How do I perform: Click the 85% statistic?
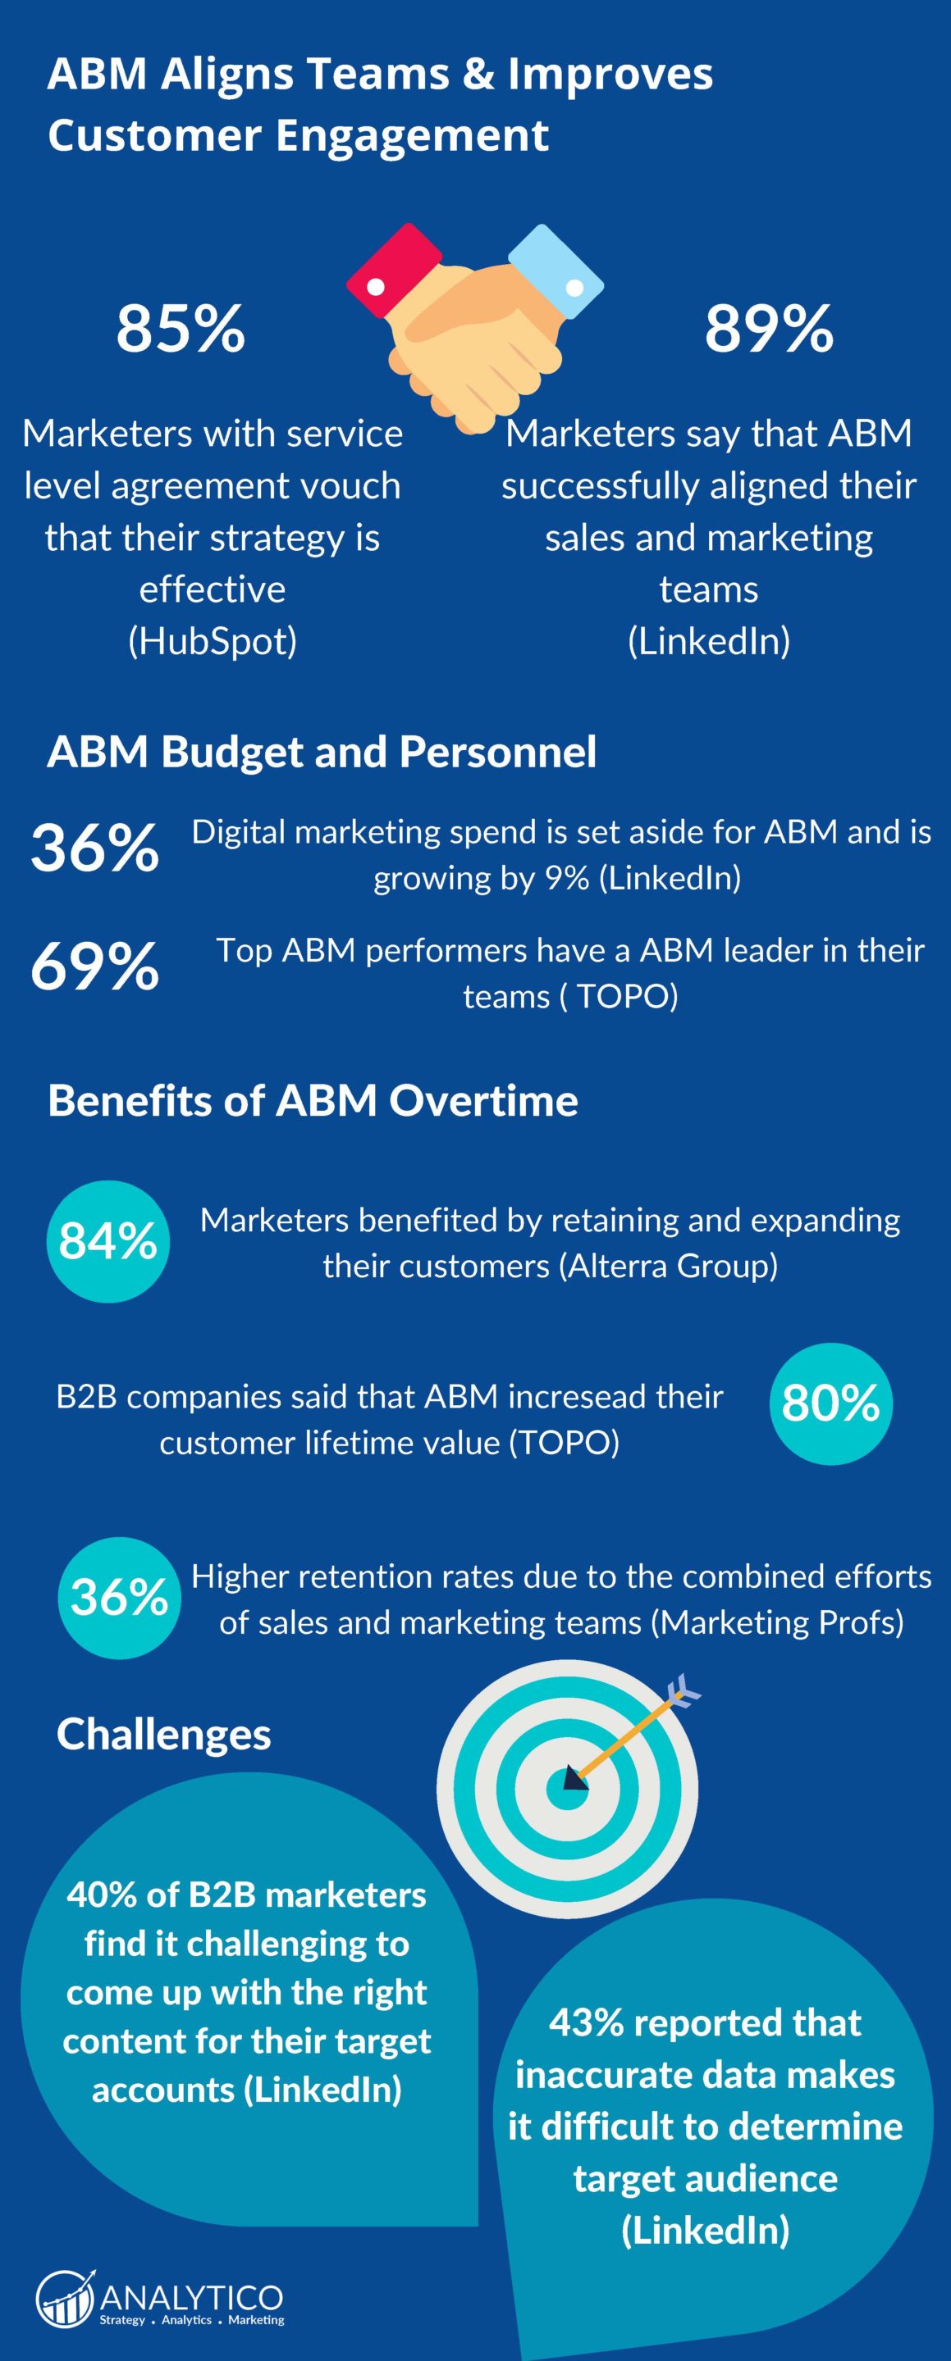(181, 328)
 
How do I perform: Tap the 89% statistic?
(769, 328)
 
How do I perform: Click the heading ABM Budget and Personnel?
(321, 752)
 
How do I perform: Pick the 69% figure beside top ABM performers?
(94, 966)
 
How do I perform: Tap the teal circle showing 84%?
(108, 1241)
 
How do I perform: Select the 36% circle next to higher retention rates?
(119, 1598)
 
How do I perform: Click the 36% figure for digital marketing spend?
(94, 848)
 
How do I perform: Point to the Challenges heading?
(163, 1734)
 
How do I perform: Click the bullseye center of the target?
(568, 1787)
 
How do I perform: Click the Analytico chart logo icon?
(65, 2298)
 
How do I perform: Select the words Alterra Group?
(671, 1266)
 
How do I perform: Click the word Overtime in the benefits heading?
(483, 1100)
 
